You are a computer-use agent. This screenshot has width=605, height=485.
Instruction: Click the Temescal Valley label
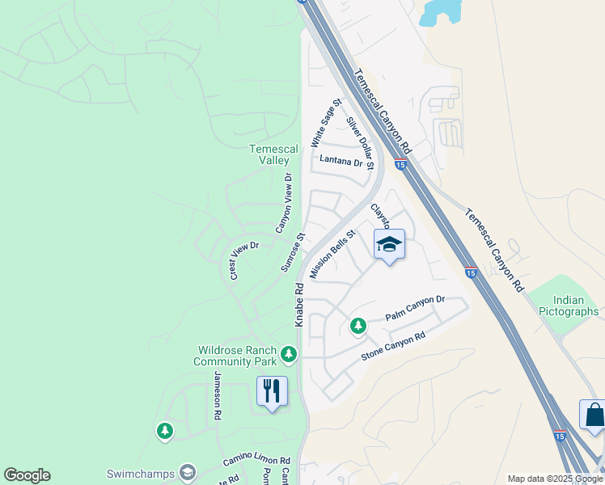269,154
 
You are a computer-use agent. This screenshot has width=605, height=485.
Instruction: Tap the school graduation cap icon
389,243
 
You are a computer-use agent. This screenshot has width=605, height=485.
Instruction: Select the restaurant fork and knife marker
272,391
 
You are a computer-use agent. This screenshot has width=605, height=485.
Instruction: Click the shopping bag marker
594,415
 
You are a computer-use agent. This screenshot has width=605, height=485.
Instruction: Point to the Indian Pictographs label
569,306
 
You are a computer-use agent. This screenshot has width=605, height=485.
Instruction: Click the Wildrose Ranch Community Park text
235,356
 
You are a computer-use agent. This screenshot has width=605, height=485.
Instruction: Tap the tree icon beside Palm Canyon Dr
357,326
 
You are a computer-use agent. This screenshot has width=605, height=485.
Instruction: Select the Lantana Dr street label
341,161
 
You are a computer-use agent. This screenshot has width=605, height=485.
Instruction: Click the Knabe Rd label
299,304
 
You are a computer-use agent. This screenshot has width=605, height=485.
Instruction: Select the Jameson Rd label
217,396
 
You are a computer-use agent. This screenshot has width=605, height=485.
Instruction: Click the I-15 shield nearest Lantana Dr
400,165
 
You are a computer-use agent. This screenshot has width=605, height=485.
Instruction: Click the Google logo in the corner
27,475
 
